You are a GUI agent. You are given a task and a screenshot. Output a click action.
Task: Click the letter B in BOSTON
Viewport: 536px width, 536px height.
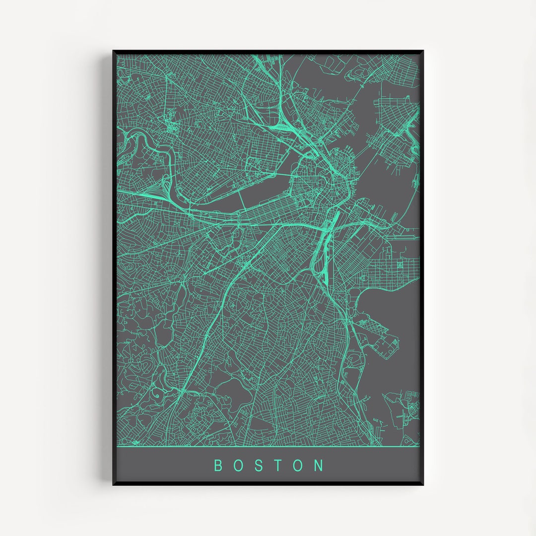[x=218, y=466]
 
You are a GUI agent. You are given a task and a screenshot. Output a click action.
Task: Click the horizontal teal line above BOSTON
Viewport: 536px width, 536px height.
[x=268, y=446]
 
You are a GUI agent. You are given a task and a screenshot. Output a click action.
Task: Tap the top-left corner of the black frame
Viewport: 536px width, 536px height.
[x=114, y=51]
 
